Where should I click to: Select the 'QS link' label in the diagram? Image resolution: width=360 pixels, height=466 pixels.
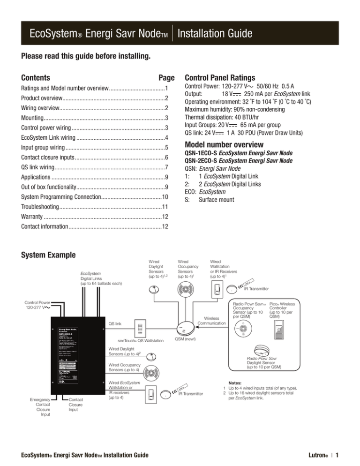pyautogui.click(x=115, y=323)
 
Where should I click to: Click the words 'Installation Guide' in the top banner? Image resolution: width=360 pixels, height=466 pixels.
pyautogui.click(x=216, y=33)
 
